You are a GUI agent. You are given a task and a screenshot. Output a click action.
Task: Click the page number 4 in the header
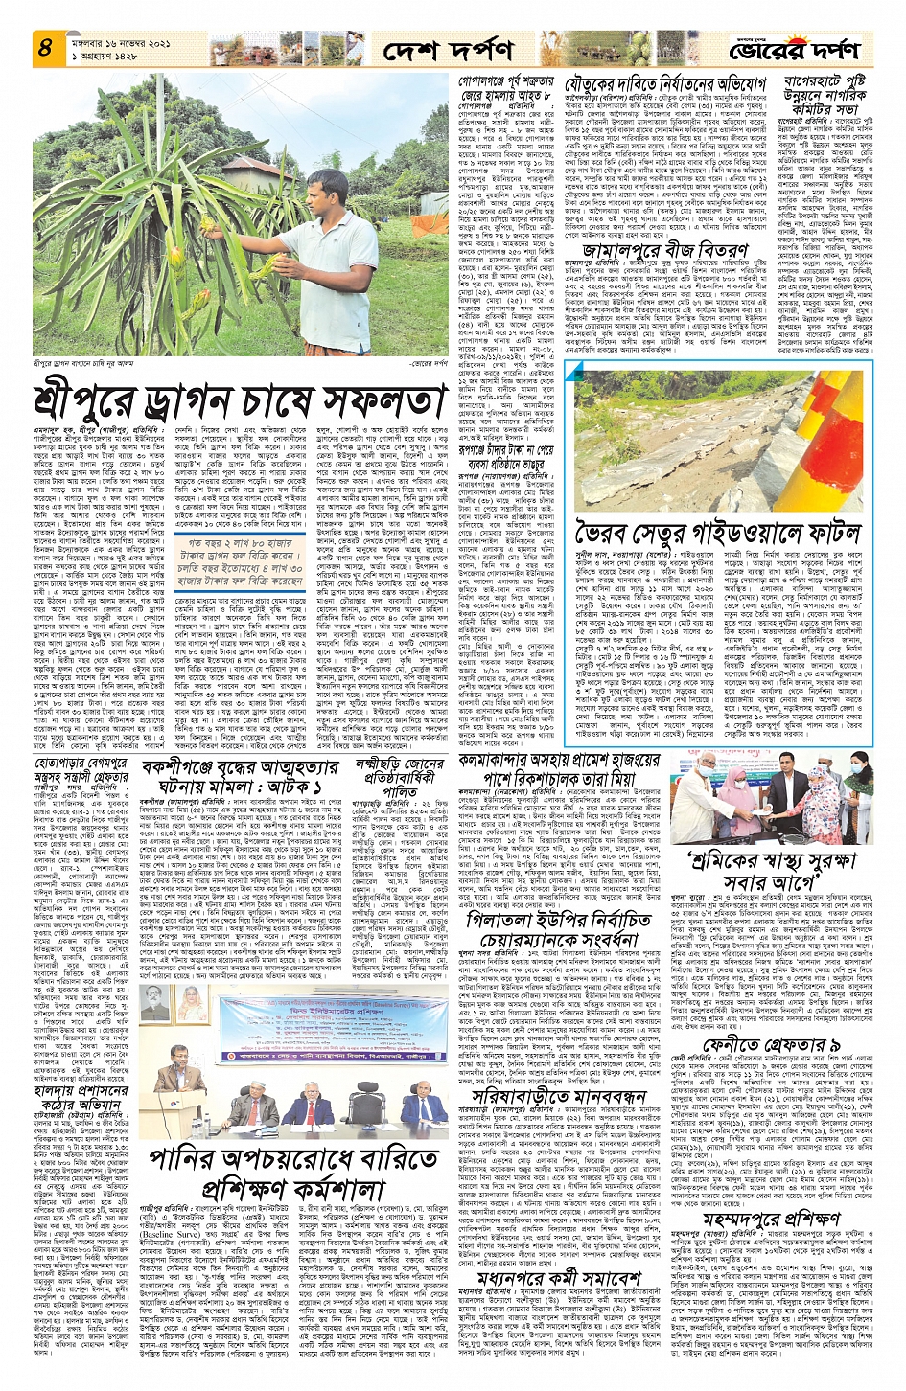(44, 47)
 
